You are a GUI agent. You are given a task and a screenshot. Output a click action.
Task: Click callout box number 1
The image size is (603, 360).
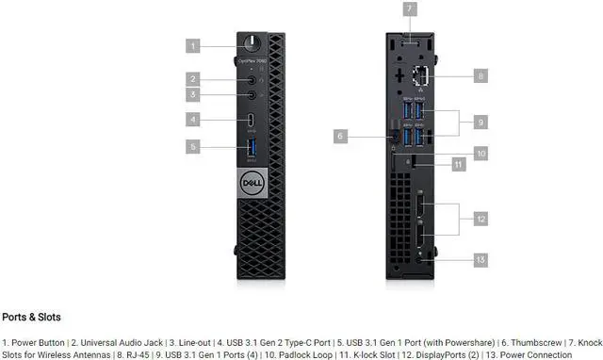(193, 44)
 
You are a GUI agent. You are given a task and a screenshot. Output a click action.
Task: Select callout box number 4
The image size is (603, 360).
(193, 120)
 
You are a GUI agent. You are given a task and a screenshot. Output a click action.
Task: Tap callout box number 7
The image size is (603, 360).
(410, 9)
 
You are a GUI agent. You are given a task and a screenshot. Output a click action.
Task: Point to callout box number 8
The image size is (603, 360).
(481, 74)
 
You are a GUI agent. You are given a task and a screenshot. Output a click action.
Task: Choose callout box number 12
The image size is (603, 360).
(481, 219)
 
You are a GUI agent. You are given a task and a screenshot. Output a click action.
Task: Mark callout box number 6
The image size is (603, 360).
(342, 137)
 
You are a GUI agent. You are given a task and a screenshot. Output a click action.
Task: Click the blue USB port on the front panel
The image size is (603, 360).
(252, 147)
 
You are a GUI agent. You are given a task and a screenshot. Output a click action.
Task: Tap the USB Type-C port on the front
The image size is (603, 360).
(252, 120)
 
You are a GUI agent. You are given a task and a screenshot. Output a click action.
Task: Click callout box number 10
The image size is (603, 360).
(481, 152)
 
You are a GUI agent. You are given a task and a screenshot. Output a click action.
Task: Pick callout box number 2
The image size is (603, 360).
(193, 79)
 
